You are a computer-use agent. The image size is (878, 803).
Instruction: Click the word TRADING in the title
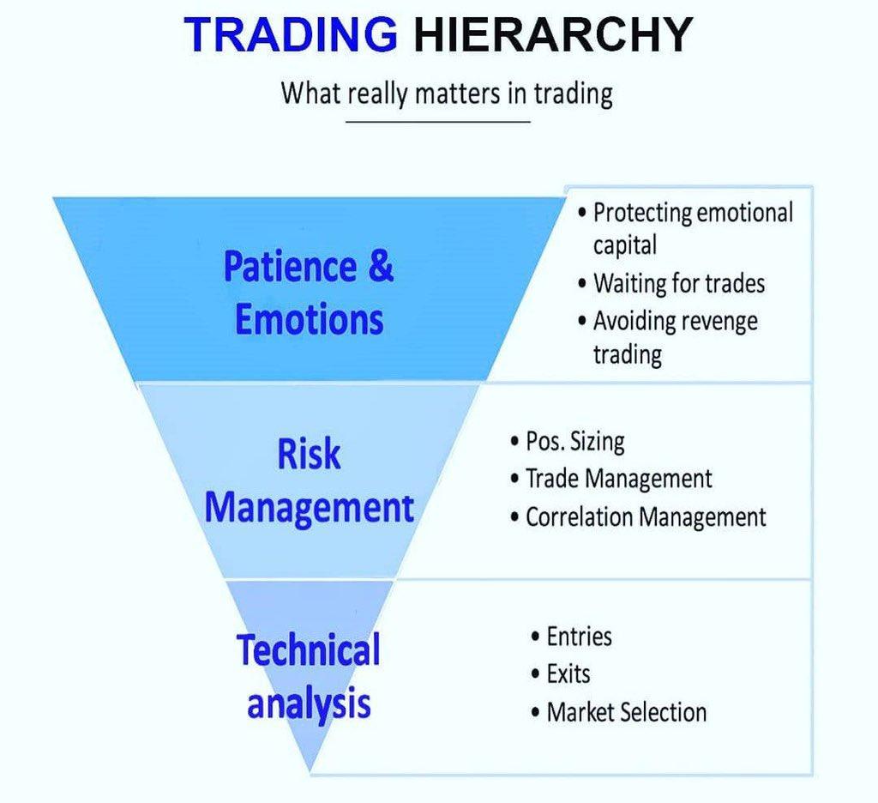[291, 34]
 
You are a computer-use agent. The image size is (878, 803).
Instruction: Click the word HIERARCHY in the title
[553, 34]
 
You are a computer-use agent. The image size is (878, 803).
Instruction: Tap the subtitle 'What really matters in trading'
[446, 94]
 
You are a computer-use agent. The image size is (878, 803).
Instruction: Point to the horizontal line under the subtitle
[438, 121]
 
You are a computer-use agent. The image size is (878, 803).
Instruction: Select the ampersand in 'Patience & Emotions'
[381, 266]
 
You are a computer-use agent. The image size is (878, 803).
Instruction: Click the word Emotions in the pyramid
[309, 320]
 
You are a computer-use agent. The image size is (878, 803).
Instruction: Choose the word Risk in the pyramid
[309, 454]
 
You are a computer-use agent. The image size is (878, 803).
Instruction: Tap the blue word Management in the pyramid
[309, 508]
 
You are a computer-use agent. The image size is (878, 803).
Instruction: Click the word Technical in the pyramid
[309, 650]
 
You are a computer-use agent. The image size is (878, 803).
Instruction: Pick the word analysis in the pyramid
[309, 704]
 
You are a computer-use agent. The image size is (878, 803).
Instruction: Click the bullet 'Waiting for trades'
[671, 284]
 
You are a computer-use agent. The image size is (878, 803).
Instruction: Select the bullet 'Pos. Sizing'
[568, 442]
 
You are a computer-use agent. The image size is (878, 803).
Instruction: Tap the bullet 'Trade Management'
[610, 479]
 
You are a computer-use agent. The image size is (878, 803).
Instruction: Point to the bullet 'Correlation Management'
[638, 517]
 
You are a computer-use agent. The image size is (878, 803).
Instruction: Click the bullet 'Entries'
[571, 637]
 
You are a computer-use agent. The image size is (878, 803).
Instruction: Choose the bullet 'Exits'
[561, 674]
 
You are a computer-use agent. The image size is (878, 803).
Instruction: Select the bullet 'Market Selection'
[619, 713]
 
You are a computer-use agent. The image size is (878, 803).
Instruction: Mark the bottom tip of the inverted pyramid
[310, 772]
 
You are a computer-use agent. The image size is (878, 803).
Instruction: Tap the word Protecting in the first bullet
[643, 214]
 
